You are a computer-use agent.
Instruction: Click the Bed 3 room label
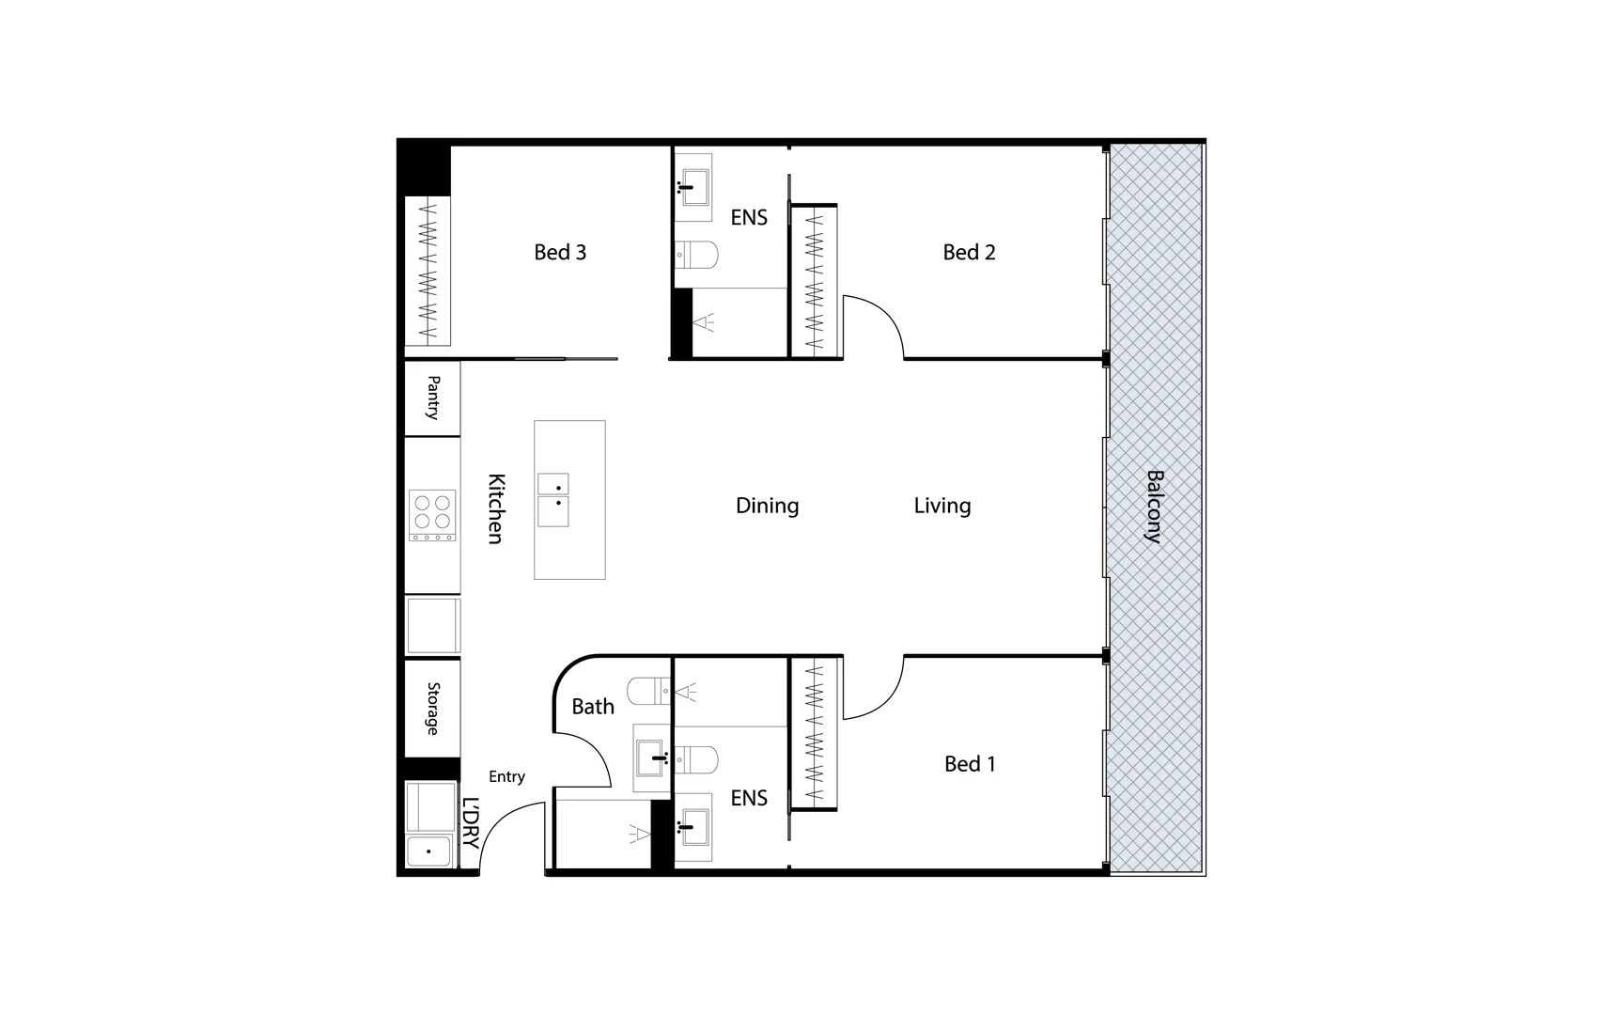pyautogui.click(x=560, y=252)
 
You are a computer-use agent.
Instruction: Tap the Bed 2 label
pyautogui.click(x=969, y=252)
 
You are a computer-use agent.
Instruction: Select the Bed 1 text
pyautogui.click(x=970, y=764)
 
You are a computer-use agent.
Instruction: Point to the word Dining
pyautogui.click(x=767, y=506)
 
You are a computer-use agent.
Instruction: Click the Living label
pyautogui.click(x=942, y=506)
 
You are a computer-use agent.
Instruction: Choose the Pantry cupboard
pyautogui.click(x=433, y=398)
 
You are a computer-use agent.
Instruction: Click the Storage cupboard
pyautogui.click(x=433, y=709)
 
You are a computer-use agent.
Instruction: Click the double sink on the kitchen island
pyautogui.click(x=553, y=499)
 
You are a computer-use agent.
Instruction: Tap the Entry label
pyautogui.click(x=506, y=776)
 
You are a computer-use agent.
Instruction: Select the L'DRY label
pyautogui.click(x=471, y=823)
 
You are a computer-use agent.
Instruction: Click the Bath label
pyautogui.click(x=593, y=707)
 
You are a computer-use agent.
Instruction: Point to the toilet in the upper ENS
pyautogui.click(x=696, y=254)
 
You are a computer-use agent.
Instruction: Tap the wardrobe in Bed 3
pyautogui.click(x=428, y=270)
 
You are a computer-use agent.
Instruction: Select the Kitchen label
pyautogui.click(x=495, y=507)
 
